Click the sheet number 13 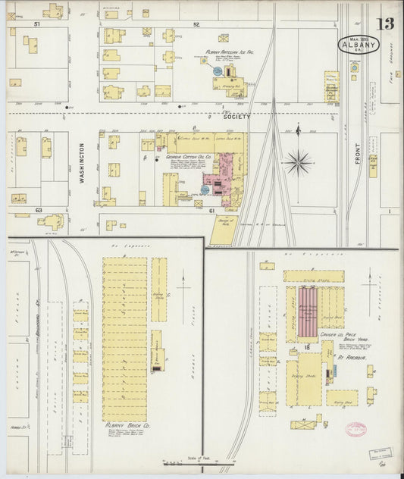click(x=387, y=23)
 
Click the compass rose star click(x=299, y=161)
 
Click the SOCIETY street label click(x=236, y=119)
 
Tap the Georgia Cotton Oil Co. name click(x=187, y=158)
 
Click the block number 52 click(x=196, y=25)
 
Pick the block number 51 click(x=35, y=25)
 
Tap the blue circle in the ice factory click(x=218, y=71)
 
